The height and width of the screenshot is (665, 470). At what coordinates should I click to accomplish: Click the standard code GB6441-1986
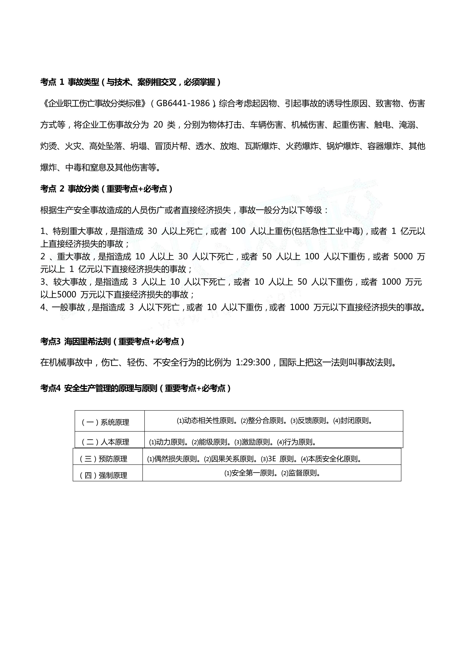pyautogui.click(x=183, y=103)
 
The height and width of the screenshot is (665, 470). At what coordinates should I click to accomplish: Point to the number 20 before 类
pyautogui.click(x=158, y=125)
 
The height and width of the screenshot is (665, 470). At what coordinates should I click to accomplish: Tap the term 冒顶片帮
pyautogui.click(x=171, y=146)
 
